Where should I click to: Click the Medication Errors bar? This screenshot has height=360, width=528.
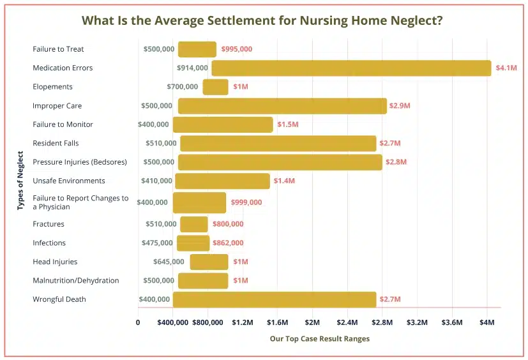(x=351, y=68)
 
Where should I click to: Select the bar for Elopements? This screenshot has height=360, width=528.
(x=215, y=87)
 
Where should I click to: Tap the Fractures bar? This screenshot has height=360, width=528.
(x=194, y=224)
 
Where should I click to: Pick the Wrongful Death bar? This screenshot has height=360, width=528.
(x=275, y=299)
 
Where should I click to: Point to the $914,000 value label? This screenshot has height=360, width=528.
(x=192, y=68)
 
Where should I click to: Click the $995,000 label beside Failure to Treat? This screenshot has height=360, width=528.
(x=236, y=49)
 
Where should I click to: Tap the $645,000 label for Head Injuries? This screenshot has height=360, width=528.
(x=169, y=262)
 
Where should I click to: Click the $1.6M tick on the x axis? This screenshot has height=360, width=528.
(x=278, y=323)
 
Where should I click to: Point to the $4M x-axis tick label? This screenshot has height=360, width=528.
(x=487, y=323)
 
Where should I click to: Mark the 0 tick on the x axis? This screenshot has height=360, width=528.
(x=138, y=323)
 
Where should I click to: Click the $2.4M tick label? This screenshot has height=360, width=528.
(x=347, y=323)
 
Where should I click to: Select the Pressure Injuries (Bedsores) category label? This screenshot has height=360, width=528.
(x=80, y=162)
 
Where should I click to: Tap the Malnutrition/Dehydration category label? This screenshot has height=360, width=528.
(x=76, y=281)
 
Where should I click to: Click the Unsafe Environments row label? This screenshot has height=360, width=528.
(x=69, y=181)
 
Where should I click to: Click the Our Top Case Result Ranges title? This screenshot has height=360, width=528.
(x=319, y=339)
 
